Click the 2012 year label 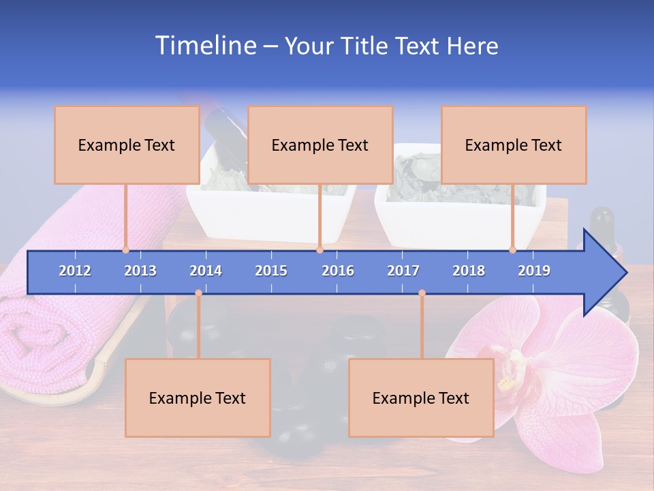click(x=75, y=271)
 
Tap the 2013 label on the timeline click(x=140, y=271)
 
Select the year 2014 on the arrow click(x=206, y=271)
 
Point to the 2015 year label click(x=271, y=271)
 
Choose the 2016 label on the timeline click(x=338, y=271)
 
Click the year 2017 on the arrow click(x=403, y=271)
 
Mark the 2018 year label click(x=469, y=271)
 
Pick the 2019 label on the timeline click(x=534, y=271)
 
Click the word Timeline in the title click(x=204, y=46)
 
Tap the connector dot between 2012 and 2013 click(x=125, y=250)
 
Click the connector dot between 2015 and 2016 click(x=320, y=250)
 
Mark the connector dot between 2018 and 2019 click(x=512, y=250)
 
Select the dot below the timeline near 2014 click(x=198, y=293)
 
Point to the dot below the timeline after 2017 click(x=422, y=293)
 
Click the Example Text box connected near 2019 click(x=514, y=145)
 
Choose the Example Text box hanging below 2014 click(x=198, y=398)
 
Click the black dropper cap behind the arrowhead click(x=602, y=222)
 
